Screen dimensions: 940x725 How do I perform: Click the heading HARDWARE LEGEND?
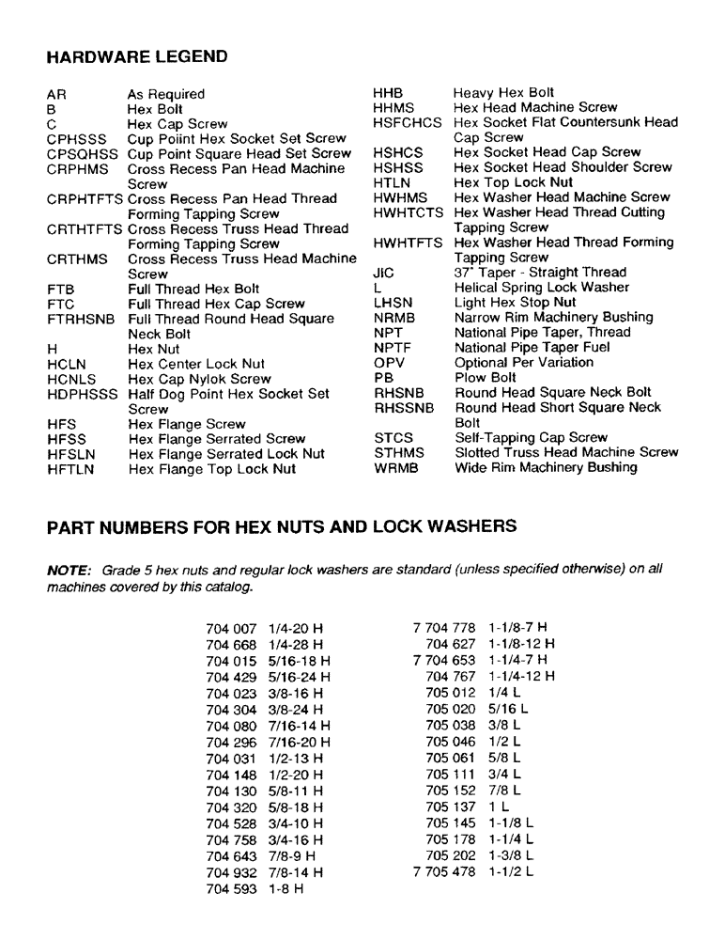pyautogui.click(x=137, y=56)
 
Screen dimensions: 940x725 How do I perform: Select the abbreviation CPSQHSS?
pyautogui.click(x=83, y=153)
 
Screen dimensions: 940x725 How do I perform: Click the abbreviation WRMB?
pyautogui.click(x=394, y=467)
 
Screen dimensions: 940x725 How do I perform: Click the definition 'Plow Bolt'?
pyautogui.click(x=486, y=378)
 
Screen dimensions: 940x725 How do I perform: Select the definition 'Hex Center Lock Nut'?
pyautogui.click(x=196, y=364)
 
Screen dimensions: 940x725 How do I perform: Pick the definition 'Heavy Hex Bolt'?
pyautogui.click(x=503, y=93)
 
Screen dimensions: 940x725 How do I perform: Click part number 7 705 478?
pyautogui.click(x=444, y=871)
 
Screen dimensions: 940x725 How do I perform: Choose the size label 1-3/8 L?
pyautogui.click(x=511, y=855)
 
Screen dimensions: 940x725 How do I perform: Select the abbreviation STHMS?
pyautogui.click(x=399, y=452)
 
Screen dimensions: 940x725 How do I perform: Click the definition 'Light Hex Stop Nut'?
pyautogui.click(x=516, y=303)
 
